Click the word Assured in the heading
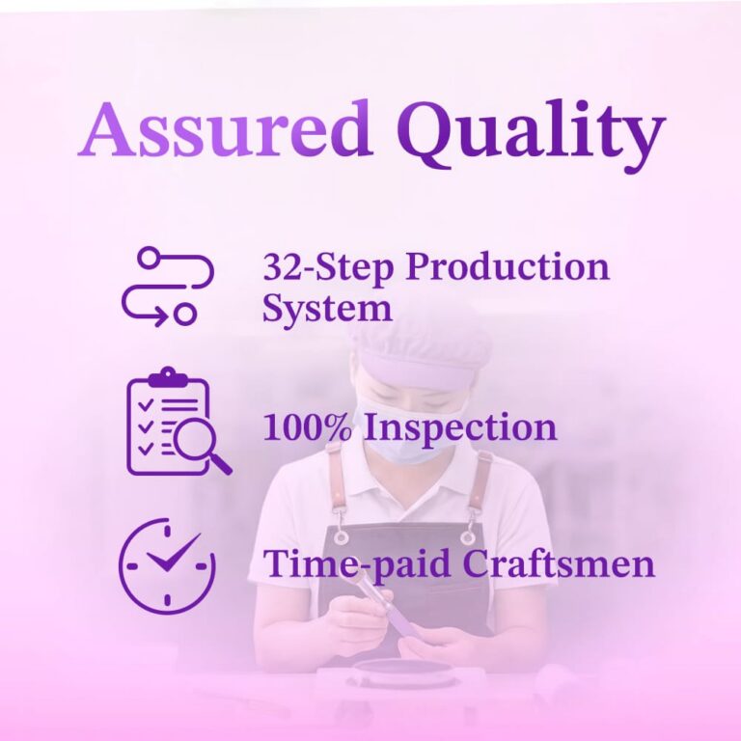pos(225,128)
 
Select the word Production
pos(508,268)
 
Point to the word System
pos(327,311)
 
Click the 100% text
pos(308,427)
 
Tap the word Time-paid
pos(357,563)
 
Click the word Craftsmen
pos(559,563)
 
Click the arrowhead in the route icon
pos(161,315)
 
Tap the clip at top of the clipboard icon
pos(168,375)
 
